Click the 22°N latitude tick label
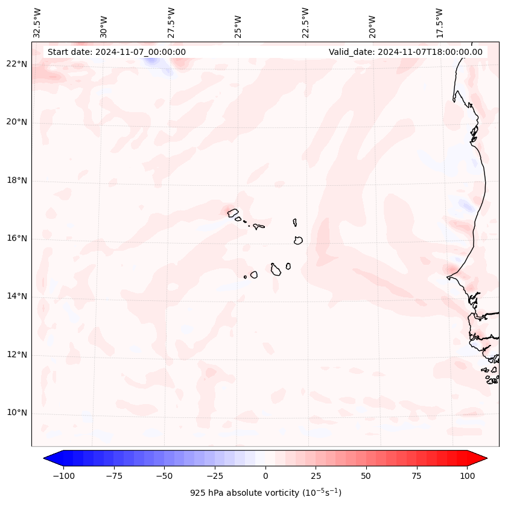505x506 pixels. click(17, 65)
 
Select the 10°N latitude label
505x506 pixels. click(17, 413)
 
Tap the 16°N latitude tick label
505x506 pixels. click(17, 239)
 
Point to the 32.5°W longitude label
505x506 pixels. click(37, 23)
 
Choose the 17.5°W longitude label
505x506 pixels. click(439, 23)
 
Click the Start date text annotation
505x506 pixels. click(116, 52)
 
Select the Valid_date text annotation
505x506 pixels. click(405, 52)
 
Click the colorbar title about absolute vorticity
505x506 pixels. click(265, 493)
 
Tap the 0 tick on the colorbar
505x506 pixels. click(265, 476)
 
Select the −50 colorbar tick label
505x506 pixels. click(164, 476)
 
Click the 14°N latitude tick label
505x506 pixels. click(17, 297)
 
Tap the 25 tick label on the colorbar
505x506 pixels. click(316, 476)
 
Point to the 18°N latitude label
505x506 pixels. click(17, 181)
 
